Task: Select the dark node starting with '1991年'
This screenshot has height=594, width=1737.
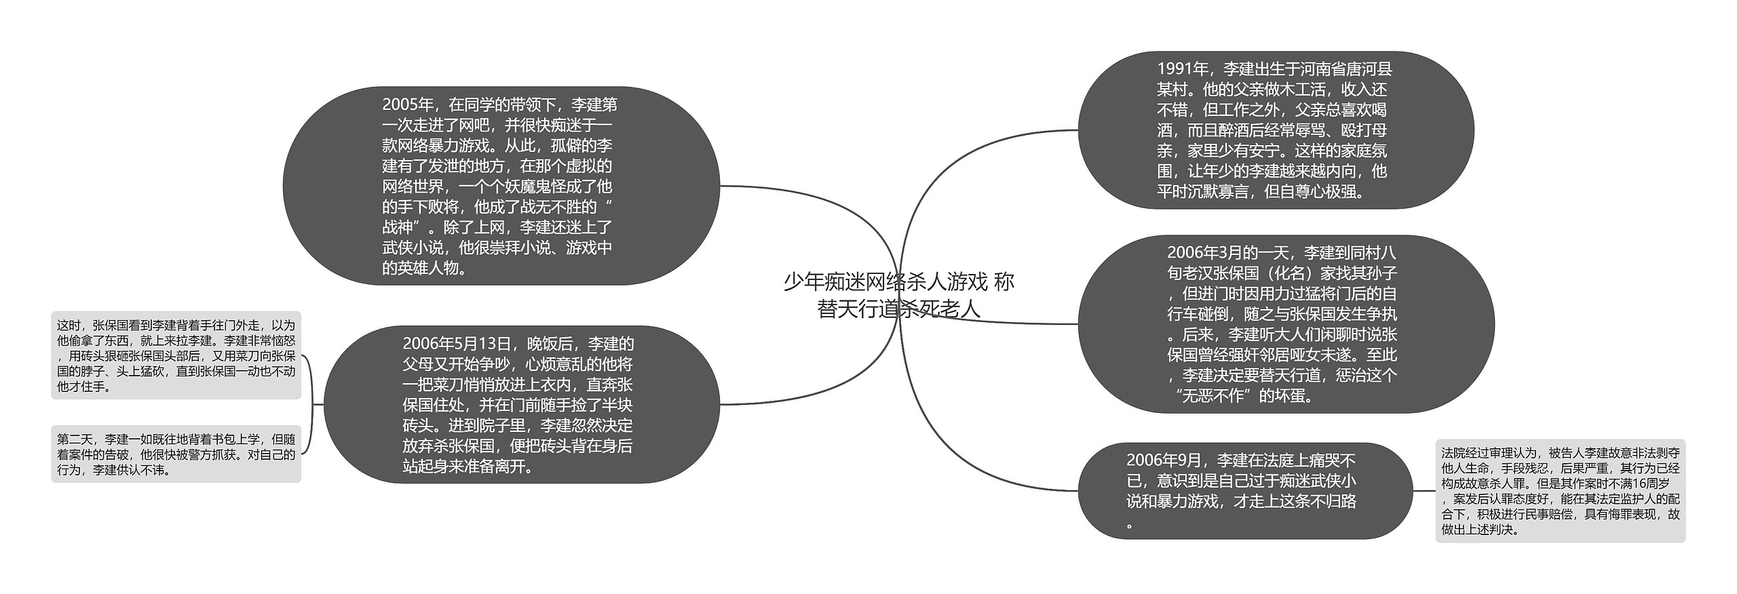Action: click(1276, 130)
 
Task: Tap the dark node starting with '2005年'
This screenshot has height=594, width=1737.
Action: click(501, 186)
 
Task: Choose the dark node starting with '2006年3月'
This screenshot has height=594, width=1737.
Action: click(1286, 324)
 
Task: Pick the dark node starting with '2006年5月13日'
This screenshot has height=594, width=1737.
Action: click(521, 405)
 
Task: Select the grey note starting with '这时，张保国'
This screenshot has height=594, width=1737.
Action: click(176, 355)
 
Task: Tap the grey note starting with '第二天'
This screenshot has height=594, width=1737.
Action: click(176, 454)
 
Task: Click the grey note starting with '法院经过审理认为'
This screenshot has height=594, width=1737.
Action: click(1560, 491)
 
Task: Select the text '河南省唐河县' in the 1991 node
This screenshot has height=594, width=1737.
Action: click(1344, 69)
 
